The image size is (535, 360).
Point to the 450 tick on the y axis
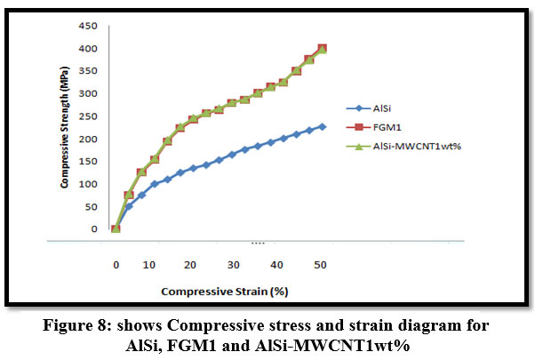[x=87, y=26]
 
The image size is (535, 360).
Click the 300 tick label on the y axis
[x=87, y=93]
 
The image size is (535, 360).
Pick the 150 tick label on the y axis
[x=87, y=162]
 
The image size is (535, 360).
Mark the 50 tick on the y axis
[x=90, y=206]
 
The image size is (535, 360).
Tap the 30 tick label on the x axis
[x=233, y=265]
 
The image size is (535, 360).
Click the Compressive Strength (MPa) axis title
[x=65, y=130]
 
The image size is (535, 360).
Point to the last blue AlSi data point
[x=322, y=126]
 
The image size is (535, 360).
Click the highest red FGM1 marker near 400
[x=322, y=48]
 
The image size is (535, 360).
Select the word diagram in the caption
[x=380, y=325]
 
